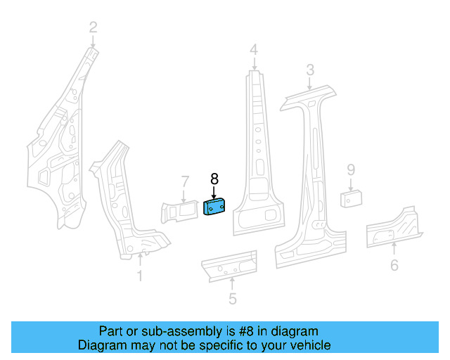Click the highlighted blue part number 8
pos(214,208)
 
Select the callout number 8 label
pos(214,179)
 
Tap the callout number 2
pos(93,28)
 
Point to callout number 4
pos(253,49)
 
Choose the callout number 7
pos(184,182)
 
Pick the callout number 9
pos(351,169)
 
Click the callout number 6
pos(394,265)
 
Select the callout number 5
pos(233,300)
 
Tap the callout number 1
pos(140,276)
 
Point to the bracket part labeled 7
pos(180,211)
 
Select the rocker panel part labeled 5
pos(229,265)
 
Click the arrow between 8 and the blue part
pos(214,192)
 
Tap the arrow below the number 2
pos(93,41)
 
